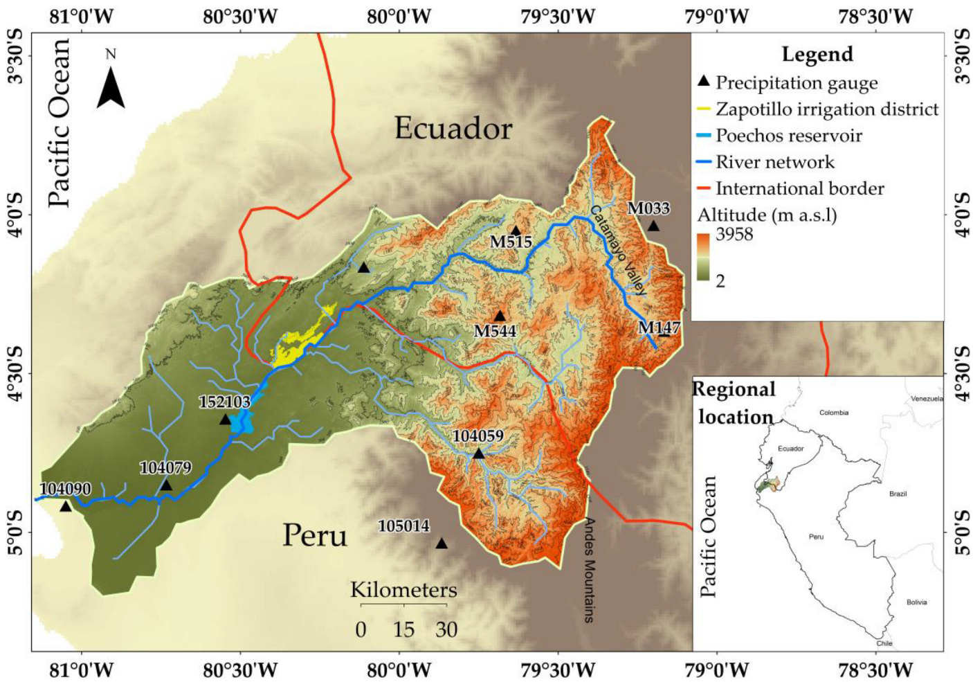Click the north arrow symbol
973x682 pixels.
click(111, 87)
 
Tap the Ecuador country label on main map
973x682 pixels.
click(453, 129)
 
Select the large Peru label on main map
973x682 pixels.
click(315, 536)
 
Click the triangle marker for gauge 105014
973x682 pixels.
click(442, 544)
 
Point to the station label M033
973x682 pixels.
click(648, 208)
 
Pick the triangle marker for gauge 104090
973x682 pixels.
click(66, 507)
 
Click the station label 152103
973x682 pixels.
click(224, 402)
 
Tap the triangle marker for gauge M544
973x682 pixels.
click(500, 316)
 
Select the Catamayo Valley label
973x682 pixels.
click(618, 249)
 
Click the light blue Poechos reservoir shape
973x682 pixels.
click(242, 421)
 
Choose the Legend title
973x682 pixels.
click(817, 54)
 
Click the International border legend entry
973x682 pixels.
click(799, 188)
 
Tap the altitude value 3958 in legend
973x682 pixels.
click(734, 234)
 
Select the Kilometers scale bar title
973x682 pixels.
click(403, 590)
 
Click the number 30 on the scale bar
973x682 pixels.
click(446, 629)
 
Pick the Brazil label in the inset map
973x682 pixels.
click(898, 494)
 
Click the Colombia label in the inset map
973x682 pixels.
click(833, 413)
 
